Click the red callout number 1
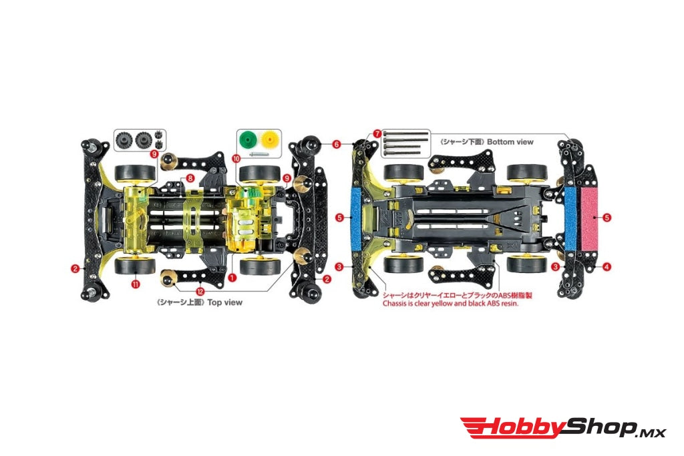pyautogui.click(x=232, y=277)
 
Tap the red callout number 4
pyautogui.click(x=607, y=266)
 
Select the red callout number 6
pyautogui.click(x=337, y=144)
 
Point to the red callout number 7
pyautogui.click(x=377, y=134)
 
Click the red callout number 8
pyautogui.click(x=190, y=178)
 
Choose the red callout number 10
pyautogui.click(x=236, y=159)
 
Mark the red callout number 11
pyautogui.click(x=136, y=284)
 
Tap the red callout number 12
pyautogui.click(x=200, y=292)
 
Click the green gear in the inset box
pyautogui.click(x=248, y=140)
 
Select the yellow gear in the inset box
pyautogui.click(x=270, y=140)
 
